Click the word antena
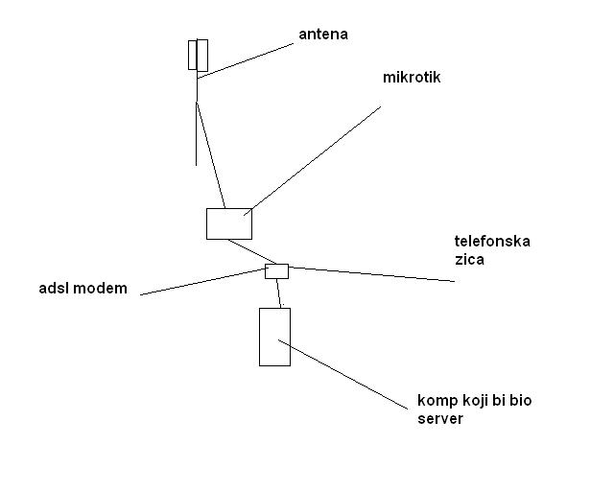pyautogui.click(x=323, y=35)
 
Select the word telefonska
pyautogui.click(x=491, y=241)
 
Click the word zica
pyautogui.click(x=469, y=259)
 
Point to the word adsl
pyautogui.click(x=54, y=288)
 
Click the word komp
pyautogui.click(x=437, y=401)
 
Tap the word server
pyautogui.click(x=440, y=419)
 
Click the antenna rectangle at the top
pyautogui.click(x=198, y=55)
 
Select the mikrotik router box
pyautogui.click(x=228, y=223)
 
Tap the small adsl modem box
pyautogui.click(x=276, y=270)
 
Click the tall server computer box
pyautogui.click(x=274, y=337)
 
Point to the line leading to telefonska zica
pyautogui.click(x=374, y=274)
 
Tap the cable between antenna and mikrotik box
pyautogui.click(x=209, y=153)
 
